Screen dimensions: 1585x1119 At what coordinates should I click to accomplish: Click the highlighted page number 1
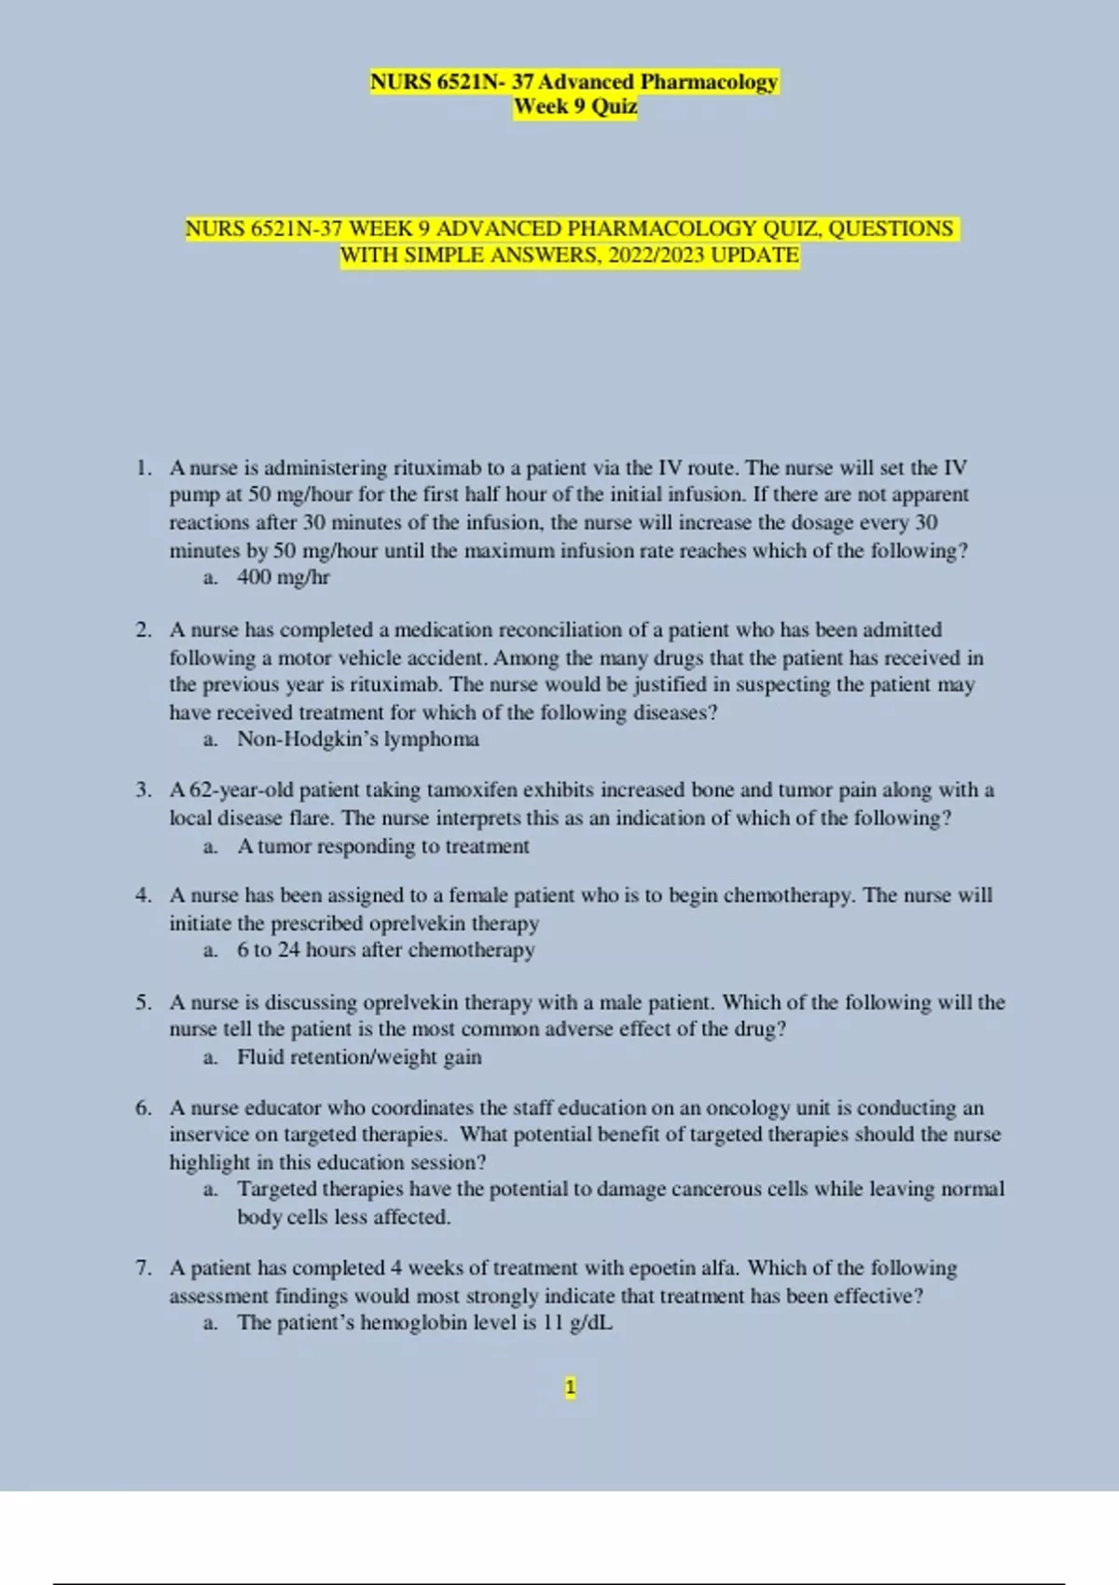(570, 1387)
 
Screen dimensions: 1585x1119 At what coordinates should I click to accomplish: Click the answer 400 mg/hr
(283, 577)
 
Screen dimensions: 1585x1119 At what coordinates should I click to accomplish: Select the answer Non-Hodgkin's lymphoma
(357, 739)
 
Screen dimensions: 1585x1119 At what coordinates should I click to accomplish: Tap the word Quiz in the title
(614, 106)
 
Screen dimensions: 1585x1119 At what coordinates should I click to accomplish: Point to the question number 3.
(143, 790)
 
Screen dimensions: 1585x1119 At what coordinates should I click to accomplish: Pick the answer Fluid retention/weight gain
(359, 1057)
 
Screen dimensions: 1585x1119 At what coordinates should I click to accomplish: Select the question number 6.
(143, 1108)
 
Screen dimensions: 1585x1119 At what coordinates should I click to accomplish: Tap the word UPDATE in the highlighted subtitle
(754, 255)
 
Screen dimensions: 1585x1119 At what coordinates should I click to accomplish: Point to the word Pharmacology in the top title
(708, 82)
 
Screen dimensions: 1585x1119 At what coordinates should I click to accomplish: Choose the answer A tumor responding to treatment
(382, 846)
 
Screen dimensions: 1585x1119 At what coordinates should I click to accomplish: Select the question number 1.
(143, 467)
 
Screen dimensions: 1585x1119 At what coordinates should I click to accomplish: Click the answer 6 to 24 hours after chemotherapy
(385, 950)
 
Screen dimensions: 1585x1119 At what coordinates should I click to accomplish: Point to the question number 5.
(143, 1002)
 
